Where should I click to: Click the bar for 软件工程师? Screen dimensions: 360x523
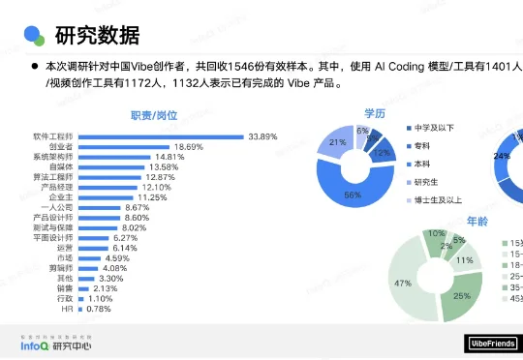[160, 136]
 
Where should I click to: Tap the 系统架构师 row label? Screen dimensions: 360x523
[53, 157]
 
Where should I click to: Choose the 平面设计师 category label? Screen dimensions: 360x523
[53, 238]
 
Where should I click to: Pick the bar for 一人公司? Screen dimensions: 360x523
[99, 207]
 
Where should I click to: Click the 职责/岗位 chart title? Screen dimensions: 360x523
[154, 116]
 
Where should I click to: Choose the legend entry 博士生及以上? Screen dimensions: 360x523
[433, 199]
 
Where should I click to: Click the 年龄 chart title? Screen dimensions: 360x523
[477, 222]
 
